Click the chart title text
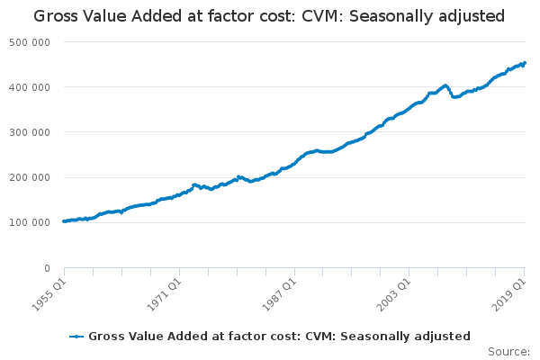pos(269,16)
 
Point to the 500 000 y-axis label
pos(31,42)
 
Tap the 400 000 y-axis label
pos(31,87)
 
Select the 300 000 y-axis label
pos(31,132)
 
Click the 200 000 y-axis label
pos(31,177)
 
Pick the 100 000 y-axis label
pos(31,222)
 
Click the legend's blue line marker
pos(77,337)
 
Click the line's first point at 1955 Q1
pos(64,221)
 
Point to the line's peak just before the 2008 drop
pos(445,85)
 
